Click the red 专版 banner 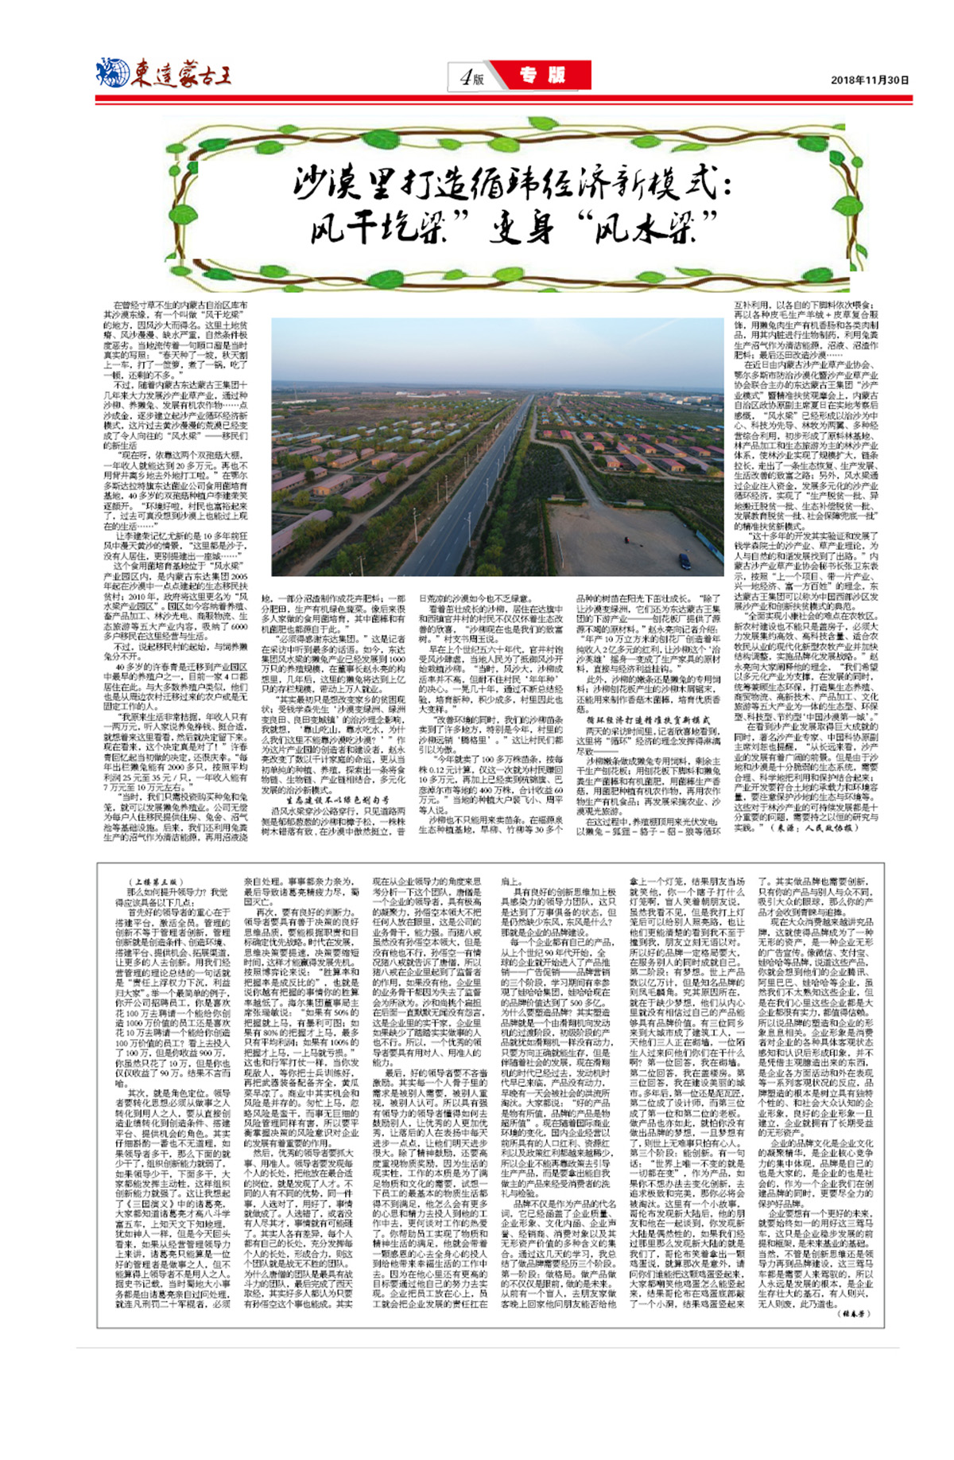543,76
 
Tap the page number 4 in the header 466,77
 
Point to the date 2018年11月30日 869,80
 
